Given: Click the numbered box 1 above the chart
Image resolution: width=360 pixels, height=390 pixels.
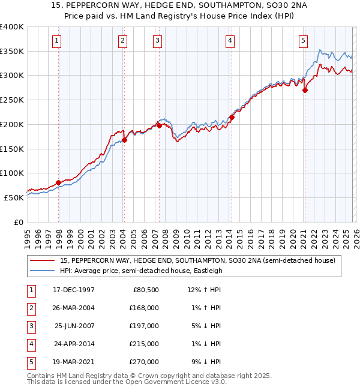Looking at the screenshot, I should click(x=56, y=41).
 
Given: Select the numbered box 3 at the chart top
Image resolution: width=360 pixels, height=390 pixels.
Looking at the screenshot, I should click(x=157, y=41).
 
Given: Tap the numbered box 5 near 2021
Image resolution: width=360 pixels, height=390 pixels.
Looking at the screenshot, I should click(x=303, y=41).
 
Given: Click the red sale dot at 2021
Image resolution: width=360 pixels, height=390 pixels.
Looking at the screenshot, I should click(x=305, y=91).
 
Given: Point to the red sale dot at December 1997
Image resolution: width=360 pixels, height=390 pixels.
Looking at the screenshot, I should click(x=58, y=182).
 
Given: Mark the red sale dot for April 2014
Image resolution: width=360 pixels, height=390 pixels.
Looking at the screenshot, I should click(x=232, y=118).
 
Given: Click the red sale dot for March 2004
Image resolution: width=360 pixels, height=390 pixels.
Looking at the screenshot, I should click(x=125, y=140).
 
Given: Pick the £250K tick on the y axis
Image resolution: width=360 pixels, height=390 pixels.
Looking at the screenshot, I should click(x=12, y=100).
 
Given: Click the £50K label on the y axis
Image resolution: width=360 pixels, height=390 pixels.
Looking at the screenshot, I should click(x=14, y=197).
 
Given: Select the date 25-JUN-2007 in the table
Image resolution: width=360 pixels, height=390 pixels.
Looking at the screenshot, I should click(x=74, y=325).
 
